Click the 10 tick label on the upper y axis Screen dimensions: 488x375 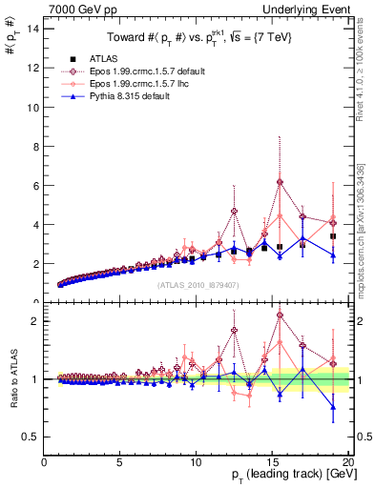point(34,107)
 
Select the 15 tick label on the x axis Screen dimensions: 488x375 point(271,463)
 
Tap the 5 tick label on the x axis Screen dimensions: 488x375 point(119,463)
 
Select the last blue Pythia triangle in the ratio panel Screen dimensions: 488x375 point(333,407)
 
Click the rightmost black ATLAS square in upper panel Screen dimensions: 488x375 point(333,235)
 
